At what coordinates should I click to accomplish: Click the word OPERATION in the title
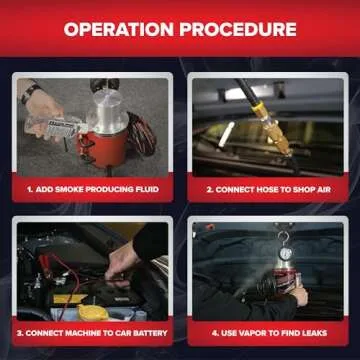118,29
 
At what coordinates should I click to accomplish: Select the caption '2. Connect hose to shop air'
267,187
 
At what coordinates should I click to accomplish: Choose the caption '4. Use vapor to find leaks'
267,331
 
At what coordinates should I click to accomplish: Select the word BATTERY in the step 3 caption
145,331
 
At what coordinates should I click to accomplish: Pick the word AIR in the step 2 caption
321,187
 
